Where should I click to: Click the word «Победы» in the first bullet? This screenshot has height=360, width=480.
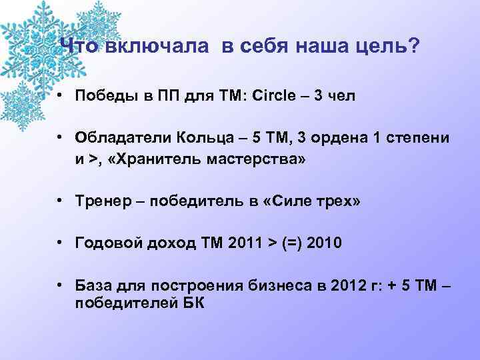[100, 96]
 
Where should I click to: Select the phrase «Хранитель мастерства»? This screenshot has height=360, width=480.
[210, 161]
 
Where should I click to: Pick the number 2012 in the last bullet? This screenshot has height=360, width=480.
[325, 287]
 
